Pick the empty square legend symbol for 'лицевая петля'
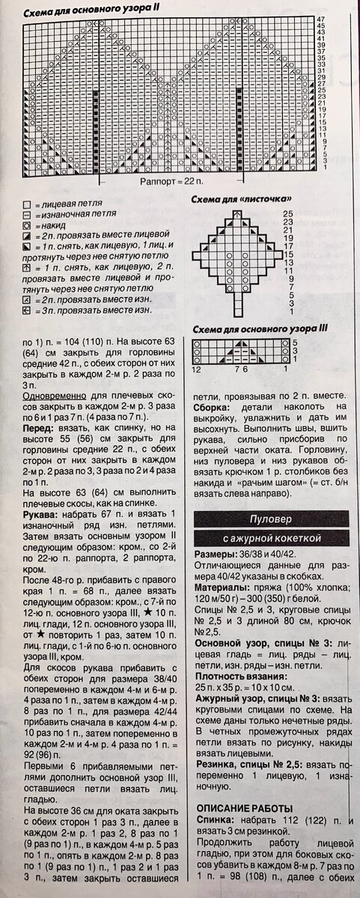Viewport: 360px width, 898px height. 26,204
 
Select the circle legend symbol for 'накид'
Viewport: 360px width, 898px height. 26,224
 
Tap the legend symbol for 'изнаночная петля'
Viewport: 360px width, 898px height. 26,214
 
